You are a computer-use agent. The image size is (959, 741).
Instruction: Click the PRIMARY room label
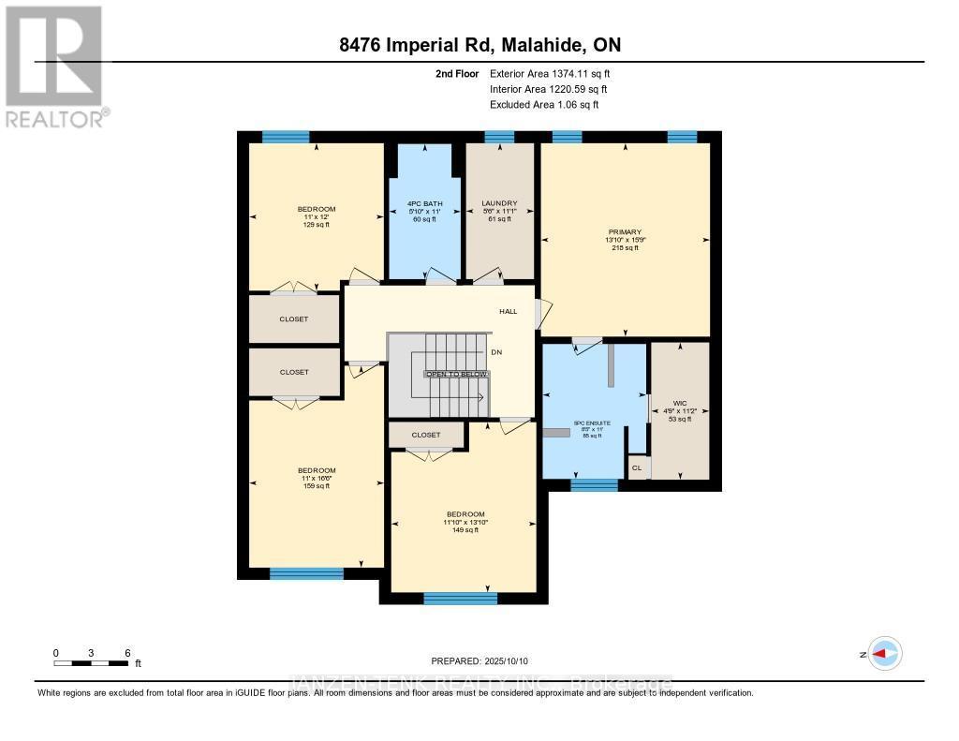pos(624,231)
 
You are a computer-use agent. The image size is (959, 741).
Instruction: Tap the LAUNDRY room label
pos(499,203)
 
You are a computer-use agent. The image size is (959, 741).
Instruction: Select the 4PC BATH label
pos(425,203)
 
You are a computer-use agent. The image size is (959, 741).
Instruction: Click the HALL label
pos(508,311)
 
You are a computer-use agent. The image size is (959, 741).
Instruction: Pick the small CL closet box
pos(638,467)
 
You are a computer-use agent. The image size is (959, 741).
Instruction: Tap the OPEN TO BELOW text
pos(457,374)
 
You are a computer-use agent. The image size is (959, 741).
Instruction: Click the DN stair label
pos(496,352)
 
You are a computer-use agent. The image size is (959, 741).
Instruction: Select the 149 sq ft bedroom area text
pos(465,530)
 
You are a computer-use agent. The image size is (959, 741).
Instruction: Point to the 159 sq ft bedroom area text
pos(317,485)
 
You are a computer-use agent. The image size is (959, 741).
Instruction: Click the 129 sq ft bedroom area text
pos(317,225)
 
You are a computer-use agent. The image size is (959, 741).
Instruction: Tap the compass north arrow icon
pos(883,654)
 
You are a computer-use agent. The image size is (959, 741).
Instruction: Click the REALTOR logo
pos(54,66)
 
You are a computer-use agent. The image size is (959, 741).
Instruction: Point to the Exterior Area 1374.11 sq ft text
pos(550,73)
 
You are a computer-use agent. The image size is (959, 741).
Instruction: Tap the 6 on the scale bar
pos(127,652)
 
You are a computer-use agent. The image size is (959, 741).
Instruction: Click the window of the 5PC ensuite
pos(594,485)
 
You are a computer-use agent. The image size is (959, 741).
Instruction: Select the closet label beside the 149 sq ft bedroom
pos(426,435)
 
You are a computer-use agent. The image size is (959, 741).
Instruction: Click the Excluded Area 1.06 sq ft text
pos(543,105)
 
